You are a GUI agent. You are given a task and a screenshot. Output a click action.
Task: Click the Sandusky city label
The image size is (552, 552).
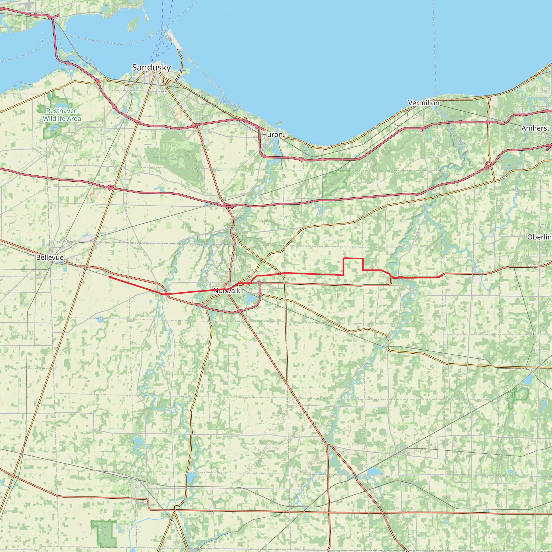pos(151,68)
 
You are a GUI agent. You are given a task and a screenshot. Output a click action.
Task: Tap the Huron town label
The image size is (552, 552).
pos(272,134)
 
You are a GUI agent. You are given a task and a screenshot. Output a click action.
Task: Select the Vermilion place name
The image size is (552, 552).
pos(424,103)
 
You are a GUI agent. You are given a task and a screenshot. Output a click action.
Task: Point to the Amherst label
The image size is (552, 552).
pos(535,128)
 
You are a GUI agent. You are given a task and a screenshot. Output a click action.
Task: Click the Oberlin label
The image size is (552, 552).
pos(539,237)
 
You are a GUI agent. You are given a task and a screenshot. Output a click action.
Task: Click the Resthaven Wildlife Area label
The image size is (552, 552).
pos(62,115)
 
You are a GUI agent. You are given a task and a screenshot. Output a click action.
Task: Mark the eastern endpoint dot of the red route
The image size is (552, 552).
pos(442,275)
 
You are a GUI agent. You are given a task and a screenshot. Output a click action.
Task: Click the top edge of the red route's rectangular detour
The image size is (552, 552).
pos(353,258)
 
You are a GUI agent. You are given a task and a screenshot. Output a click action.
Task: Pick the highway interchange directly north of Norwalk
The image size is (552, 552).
pos(229,206)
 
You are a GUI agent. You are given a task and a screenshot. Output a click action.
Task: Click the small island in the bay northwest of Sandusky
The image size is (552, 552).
pos(132,24)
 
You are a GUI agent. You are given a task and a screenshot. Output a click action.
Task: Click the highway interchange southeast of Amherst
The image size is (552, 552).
pos(487,166)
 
